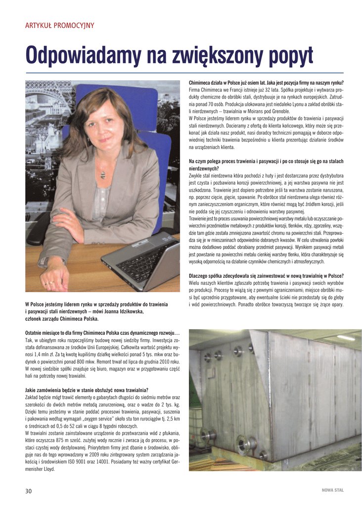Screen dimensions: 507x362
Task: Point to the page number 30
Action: pos(29,491)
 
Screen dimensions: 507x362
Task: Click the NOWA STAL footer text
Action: pos(332,490)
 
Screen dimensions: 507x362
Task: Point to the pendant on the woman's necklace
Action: pos(102,174)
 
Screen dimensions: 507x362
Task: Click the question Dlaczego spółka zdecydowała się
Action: pos(266,275)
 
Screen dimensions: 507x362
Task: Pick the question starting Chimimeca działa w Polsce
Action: pos(266,82)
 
